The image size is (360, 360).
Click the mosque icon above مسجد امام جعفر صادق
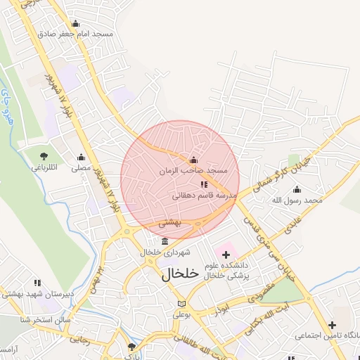pyautogui.click(x=75, y=23)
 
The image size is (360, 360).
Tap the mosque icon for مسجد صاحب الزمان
pyautogui.click(x=193, y=160)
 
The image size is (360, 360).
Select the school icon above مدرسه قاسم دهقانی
pyautogui.click(x=204, y=184)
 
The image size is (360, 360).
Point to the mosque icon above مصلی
pyautogui.click(x=81, y=157)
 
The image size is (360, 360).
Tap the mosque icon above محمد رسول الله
pyautogui.click(x=297, y=189)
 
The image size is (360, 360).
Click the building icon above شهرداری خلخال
pyautogui.click(x=165, y=241)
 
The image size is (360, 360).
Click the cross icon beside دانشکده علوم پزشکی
pyautogui.click(x=226, y=252)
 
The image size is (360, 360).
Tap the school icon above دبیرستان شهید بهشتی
pyautogui.click(x=37, y=283)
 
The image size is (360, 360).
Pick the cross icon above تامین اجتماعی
pyautogui.click(x=331, y=324)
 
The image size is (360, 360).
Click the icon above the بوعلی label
pyautogui.click(x=182, y=304)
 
